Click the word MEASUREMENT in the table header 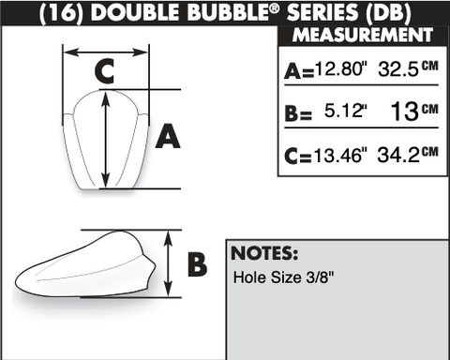click(x=363, y=35)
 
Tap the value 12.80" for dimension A click(x=341, y=68)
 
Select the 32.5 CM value click(x=408, y=68)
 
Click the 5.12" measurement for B click(x=346, y=111)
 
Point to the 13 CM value click(x=414, y=112)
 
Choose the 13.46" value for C click(x=340, y=155)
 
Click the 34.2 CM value click(x=408, y=155)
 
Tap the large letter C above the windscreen click(x=104, y=71)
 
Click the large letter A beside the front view click(x=168, y=136)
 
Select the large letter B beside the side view click(x=197, y=264)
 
